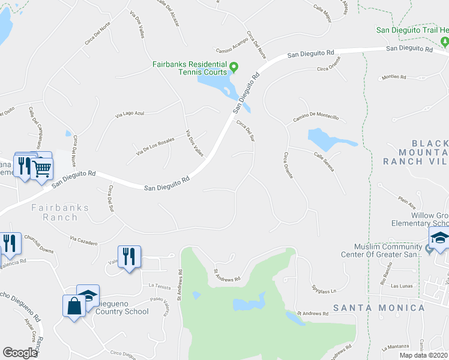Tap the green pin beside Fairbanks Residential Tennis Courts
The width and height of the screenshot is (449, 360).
point(235,66)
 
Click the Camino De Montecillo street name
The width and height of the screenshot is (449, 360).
point(315,118)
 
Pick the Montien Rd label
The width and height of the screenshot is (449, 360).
point(394,77)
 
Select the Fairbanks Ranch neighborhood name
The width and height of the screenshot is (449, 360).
point(59,213)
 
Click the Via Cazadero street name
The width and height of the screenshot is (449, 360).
point(83,241)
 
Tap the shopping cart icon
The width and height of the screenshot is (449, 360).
point(41,169)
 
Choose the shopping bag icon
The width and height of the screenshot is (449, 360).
point(74,305)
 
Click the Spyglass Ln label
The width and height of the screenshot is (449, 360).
point(324,292)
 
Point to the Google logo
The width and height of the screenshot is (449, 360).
point(20,353)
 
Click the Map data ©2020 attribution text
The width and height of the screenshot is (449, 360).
point(424,355)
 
